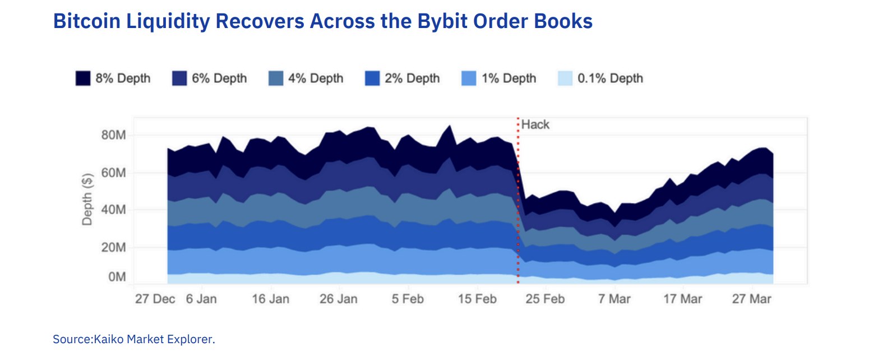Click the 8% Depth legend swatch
pyautogui.click(x=83, y=79)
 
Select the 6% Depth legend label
pyautogui.click(x=219, y=79)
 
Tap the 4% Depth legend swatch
pyautogui.click(x=276, y=79)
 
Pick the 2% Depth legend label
pyautogui.click(x=412, y=79)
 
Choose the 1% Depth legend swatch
pyautogui.click(x=469, y=79)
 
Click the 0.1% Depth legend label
pyautogui.click(x=610, y=79)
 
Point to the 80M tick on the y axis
pyautogui.click(x=113, y=135)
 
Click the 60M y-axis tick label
pyautogui.click(x=113, y=173)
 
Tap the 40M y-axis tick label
pyautogui.click(x=113, y=210)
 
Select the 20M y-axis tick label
pyautogui.click(x=113, y=247)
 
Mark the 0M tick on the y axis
pyautogui.click(x=117, y=277)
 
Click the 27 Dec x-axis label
pyautogui.click(x=155, y=299)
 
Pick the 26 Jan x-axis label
pyautogui.click(x=338, y=299)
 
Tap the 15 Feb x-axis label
pyautogui.click(x=477, y=299)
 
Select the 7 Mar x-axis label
pyautogui.click(x=614, y=299)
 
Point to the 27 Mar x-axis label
pyautogui.click(x=751, y=299)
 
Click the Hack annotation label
pyautogui.click(x=535, y=124)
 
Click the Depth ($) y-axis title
pyautogui.click(x=87, y=200)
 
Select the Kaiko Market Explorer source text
pyautogui.click(x=154, y=339)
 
